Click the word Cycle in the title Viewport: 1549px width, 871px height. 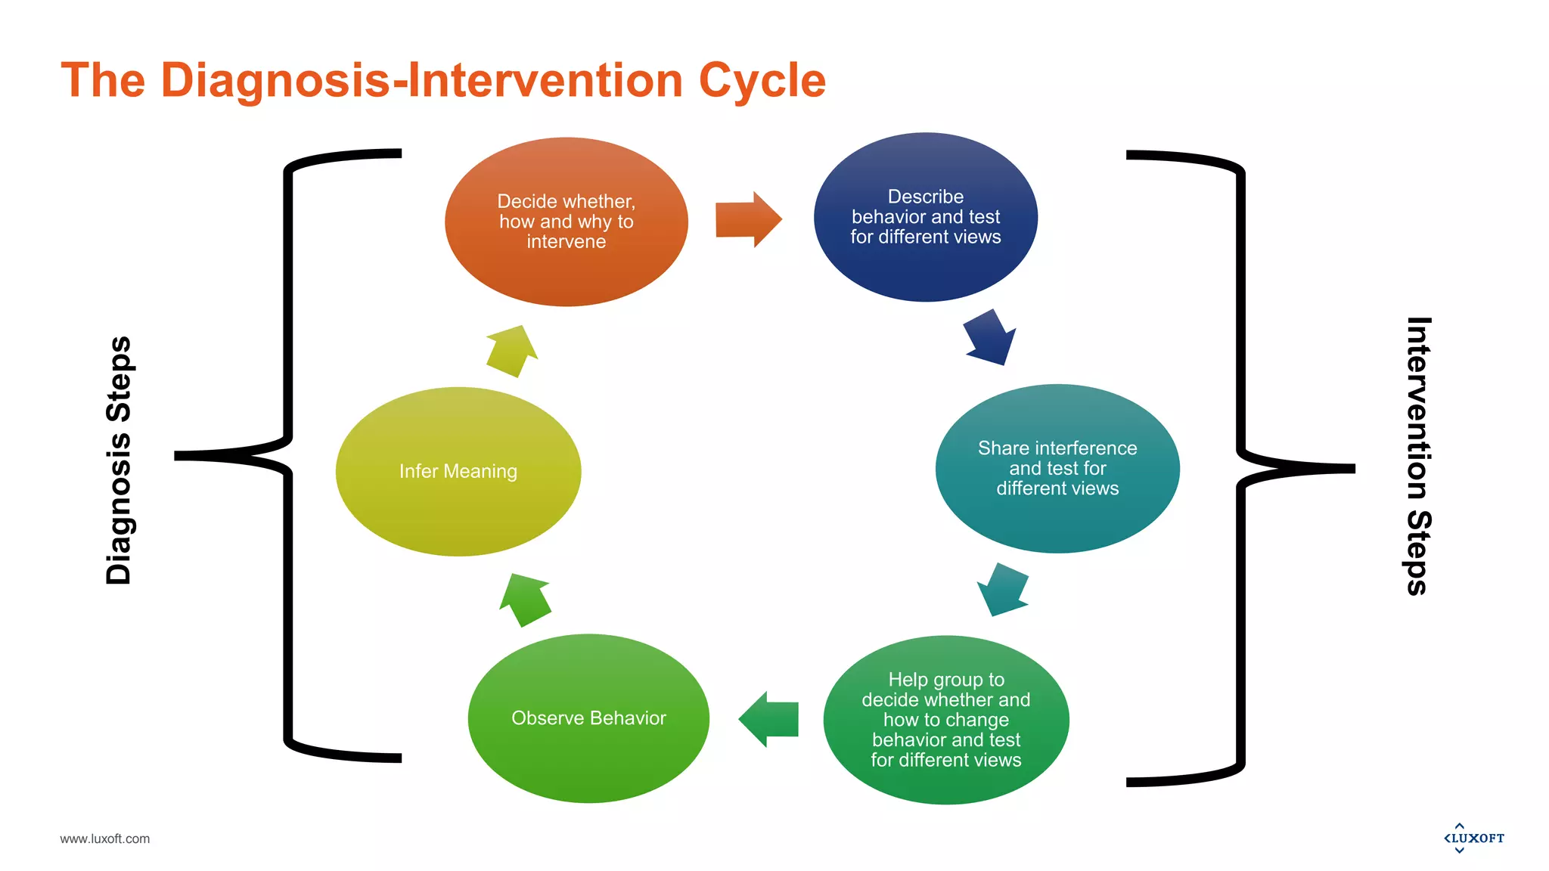[762, 80]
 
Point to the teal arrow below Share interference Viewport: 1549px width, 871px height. [1002, 589]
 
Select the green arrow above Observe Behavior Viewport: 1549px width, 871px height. [525, 600]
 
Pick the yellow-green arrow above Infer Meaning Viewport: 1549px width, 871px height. [512, 351]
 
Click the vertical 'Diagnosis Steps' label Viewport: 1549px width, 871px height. [119, 460]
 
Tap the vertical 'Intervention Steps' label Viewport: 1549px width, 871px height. [1418, 456]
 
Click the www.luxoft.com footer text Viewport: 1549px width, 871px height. [104, 838]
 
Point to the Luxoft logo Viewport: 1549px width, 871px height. [1473, 838]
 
